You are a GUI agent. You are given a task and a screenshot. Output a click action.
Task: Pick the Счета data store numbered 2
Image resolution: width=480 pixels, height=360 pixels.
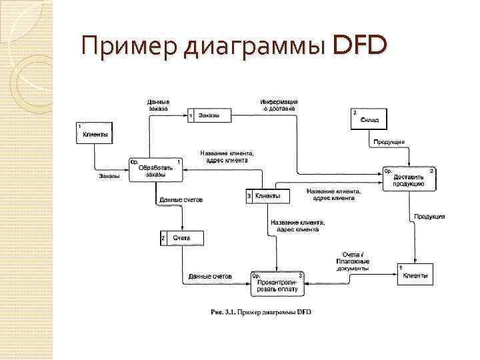181,238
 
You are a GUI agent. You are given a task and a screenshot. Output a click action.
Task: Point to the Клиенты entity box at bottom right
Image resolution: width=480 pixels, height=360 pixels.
415,274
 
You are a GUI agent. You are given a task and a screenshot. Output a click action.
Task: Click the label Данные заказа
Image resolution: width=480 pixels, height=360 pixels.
159,104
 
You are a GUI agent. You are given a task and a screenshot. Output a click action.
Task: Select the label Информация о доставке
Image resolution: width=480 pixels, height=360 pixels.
279,104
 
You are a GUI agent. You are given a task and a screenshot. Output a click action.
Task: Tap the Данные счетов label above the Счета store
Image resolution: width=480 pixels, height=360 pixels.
181,200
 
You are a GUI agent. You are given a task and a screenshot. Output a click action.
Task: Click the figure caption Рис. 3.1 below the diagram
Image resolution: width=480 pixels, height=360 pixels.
261,311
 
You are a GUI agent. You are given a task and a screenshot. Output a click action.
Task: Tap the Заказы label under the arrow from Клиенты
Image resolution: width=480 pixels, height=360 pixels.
109,176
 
